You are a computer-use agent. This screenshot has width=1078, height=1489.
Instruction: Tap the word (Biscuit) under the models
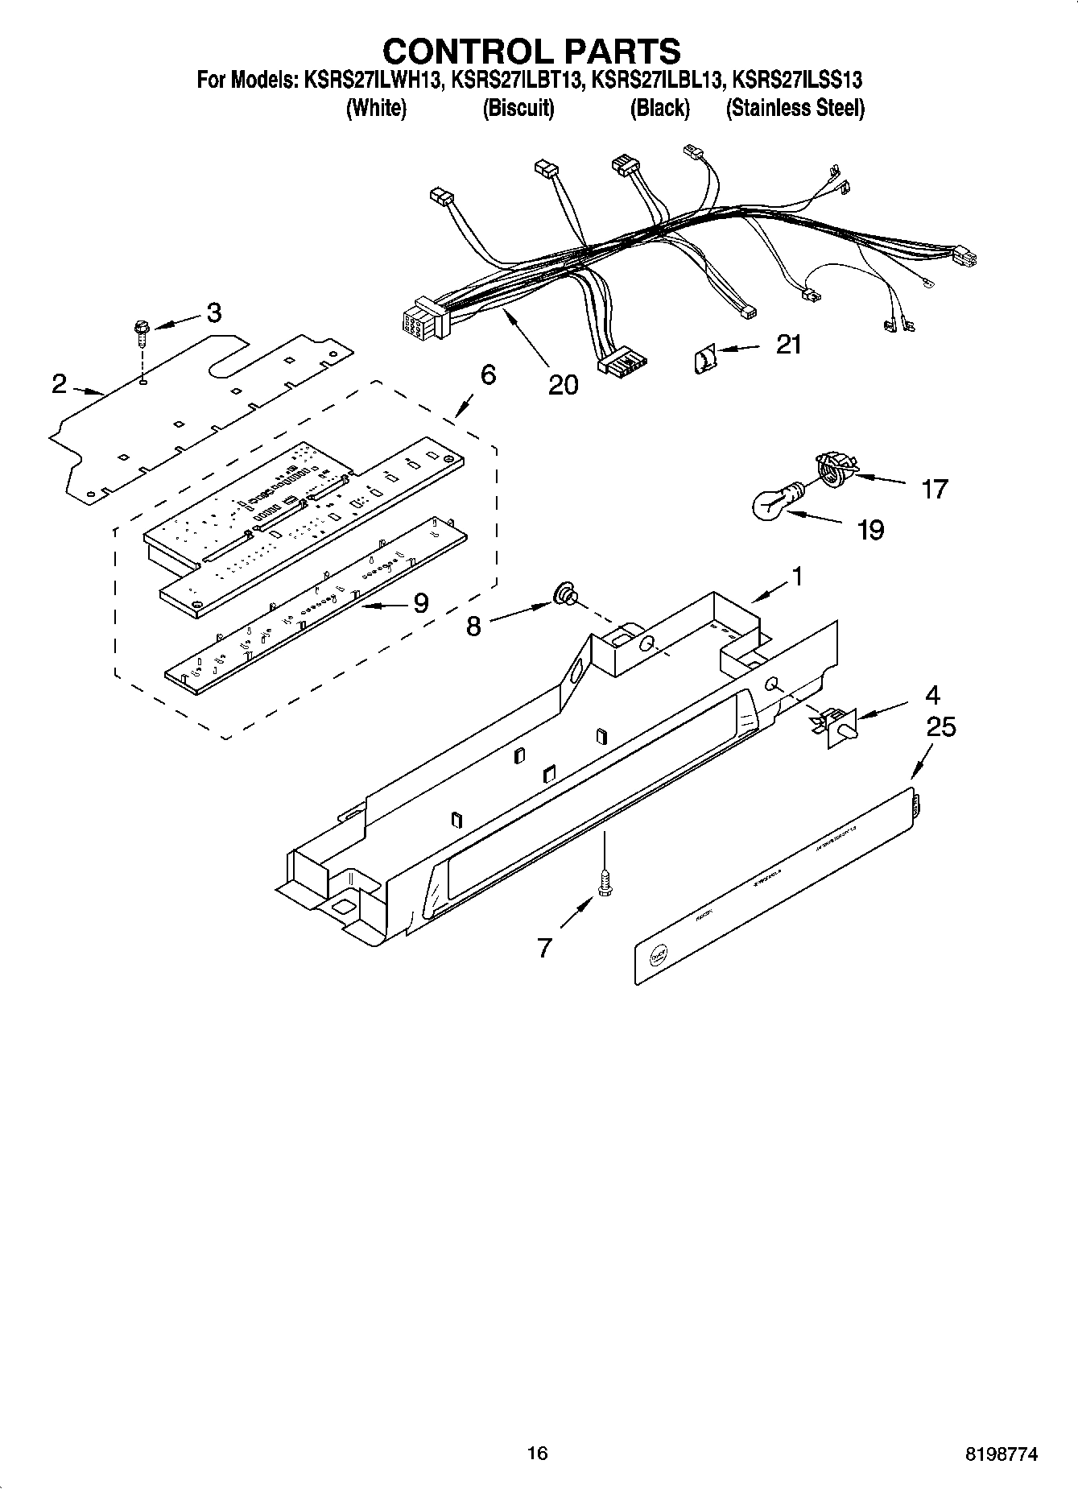click(518, 108)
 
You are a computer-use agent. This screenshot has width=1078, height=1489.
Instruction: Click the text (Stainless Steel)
click(795, 108)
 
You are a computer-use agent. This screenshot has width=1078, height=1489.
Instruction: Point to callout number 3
click(213, 312)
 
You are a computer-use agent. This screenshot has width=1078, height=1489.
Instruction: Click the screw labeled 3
click(142, 332)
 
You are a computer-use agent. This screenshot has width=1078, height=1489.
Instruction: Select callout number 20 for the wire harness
click(563, 385)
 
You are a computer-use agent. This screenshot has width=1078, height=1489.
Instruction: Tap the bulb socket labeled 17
click(835, 466)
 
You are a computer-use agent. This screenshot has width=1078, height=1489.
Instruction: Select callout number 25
click(940, 726)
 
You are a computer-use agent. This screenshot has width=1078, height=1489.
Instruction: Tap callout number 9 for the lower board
click(420, 603)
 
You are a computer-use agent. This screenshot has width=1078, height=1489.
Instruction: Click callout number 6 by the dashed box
click(488, 374)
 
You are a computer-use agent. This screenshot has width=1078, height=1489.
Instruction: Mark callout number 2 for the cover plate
click(59, 383)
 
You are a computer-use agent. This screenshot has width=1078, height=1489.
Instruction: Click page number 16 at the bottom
click(537, 1453)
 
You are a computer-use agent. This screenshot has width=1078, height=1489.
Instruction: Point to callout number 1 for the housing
click(797, 577)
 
